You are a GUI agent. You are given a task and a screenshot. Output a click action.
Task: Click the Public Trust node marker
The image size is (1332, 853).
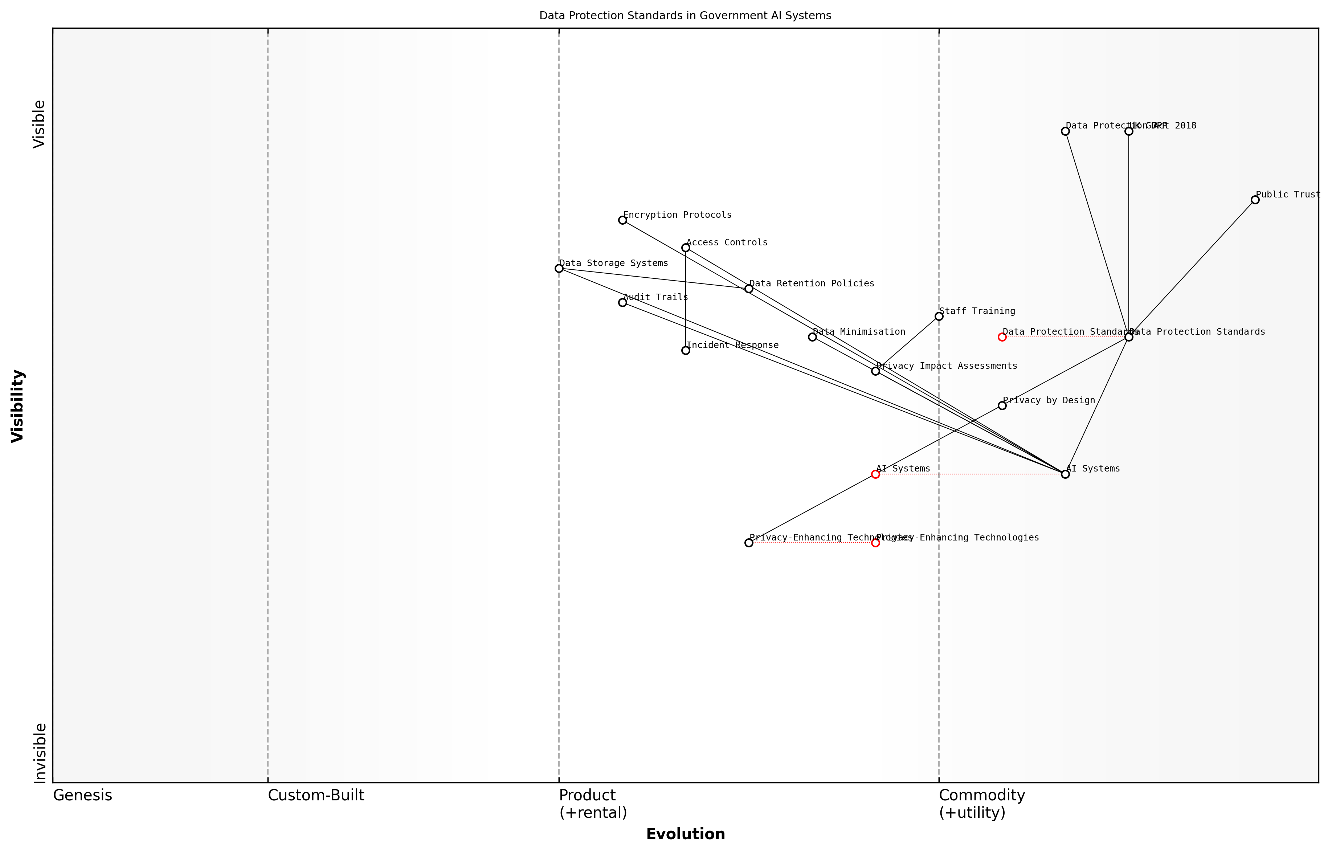(x=1255, y=200)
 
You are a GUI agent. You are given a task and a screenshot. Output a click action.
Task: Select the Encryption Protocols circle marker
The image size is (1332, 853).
(x=622, y=220)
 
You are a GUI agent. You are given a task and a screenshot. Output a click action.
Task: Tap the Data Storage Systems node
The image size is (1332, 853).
(x=559, y=269)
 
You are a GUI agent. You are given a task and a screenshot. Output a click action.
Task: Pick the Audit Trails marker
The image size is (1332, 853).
(x=622, y=302)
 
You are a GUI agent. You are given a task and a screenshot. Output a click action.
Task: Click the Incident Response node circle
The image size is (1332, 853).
(x=686, y=351)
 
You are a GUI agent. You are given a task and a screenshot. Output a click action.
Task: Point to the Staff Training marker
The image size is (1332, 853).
(x=939, y=316)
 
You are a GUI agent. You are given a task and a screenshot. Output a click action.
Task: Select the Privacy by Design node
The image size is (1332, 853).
(x=1002, y=406)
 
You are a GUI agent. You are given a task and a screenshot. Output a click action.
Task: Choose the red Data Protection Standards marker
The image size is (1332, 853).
(x=1002, y=337)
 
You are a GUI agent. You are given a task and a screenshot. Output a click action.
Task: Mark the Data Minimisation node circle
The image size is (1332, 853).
(x=813, y=337)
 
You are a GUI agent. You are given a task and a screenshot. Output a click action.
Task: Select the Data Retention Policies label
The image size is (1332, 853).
(x=812, y=283)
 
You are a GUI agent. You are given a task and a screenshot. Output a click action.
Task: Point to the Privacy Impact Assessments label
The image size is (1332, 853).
(x=947, y=366)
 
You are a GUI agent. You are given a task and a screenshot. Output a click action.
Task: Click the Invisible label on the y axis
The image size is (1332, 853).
(x=40, y=753)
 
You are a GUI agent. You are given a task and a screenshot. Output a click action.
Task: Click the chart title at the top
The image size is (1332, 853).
(x=685, y=16)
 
